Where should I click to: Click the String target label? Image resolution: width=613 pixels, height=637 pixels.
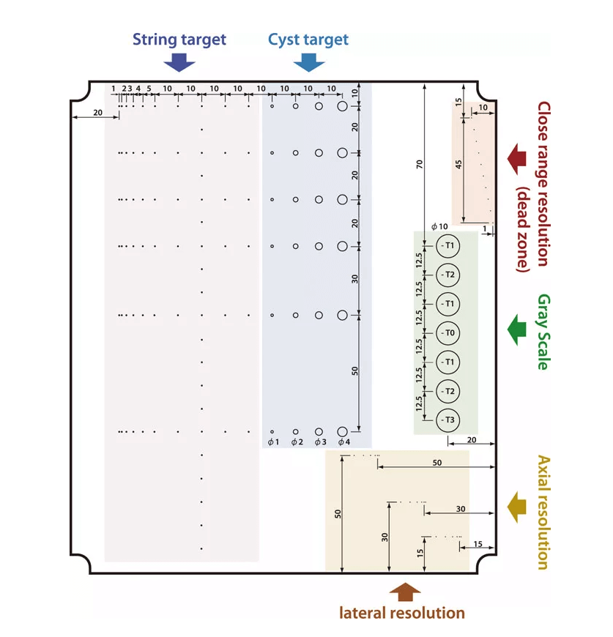(179, 40)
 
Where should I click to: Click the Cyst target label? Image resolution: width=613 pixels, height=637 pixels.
(308, 40)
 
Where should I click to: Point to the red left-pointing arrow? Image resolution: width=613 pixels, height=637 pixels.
(518, 158)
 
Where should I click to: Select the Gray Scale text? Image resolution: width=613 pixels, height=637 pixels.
(543, 332)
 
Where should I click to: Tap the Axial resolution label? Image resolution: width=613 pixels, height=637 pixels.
(543, 512)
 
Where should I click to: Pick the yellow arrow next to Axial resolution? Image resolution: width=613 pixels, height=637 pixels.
(518, 507)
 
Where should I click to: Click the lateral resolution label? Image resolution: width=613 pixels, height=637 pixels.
(402, 612)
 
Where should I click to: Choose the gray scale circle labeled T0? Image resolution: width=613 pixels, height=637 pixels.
(447, 333)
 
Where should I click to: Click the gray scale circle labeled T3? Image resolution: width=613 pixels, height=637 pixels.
(447, 420)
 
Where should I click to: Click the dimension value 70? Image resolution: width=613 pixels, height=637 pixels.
(420, 163)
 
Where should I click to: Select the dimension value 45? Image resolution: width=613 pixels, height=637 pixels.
(458, 165)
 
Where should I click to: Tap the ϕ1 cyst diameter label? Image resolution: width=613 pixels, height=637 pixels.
(272, 442)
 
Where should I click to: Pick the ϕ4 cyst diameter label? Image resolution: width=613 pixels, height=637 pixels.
(343, 442)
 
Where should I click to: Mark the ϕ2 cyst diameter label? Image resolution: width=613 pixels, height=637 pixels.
(296, 442)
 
